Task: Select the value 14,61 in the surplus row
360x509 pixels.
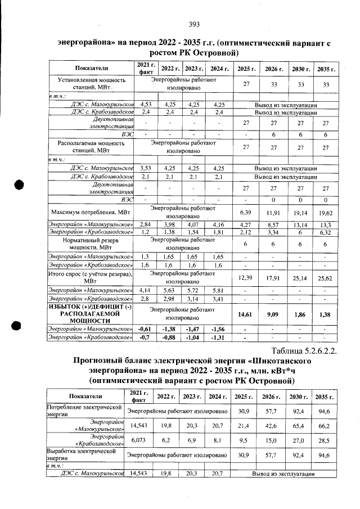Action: pos(245,314)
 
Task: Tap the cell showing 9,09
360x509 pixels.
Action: pos(273,314)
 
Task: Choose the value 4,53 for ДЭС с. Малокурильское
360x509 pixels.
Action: pos(146,104)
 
